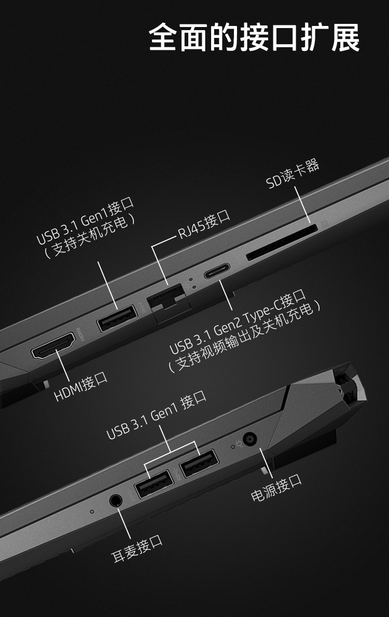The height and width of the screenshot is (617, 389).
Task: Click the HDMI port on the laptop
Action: coord(53,346)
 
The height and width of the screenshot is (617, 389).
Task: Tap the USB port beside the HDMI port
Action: coord(117,318)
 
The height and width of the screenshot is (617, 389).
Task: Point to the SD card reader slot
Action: coord(282,243)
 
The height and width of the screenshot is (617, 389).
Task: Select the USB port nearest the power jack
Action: coord(199,463)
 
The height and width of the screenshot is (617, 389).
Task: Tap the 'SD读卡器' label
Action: coord(293,174)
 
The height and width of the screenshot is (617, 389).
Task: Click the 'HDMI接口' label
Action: coord(80,387)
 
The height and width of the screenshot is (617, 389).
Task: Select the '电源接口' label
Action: coord(276,488)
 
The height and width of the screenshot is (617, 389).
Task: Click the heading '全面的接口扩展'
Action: coord(254,37)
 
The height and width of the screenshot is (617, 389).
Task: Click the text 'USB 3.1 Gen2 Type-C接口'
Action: coord(238,321)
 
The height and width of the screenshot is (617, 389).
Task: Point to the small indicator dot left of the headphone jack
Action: coord(92,512)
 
